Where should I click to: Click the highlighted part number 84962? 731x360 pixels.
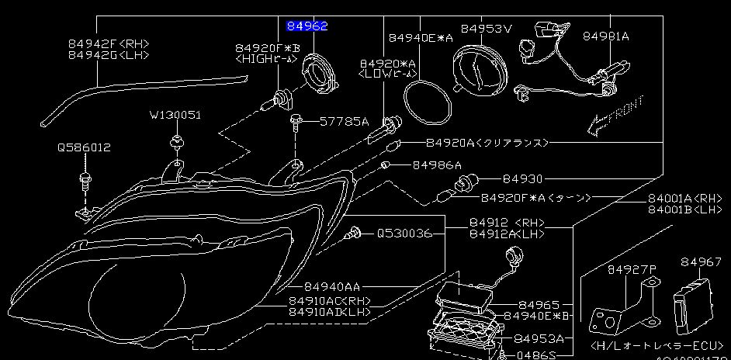(x=307, y=26)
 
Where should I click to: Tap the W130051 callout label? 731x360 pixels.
(x=175, y=115)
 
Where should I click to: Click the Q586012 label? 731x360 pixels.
(x=83, y=147)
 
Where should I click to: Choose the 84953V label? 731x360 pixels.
(x=487, y=29)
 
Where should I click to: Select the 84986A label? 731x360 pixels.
(x=436, y=165)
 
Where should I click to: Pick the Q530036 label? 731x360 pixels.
(x=404, y=233)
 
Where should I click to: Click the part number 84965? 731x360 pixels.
(x=539, y=305)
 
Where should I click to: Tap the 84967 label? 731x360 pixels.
(x=702, y=263)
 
